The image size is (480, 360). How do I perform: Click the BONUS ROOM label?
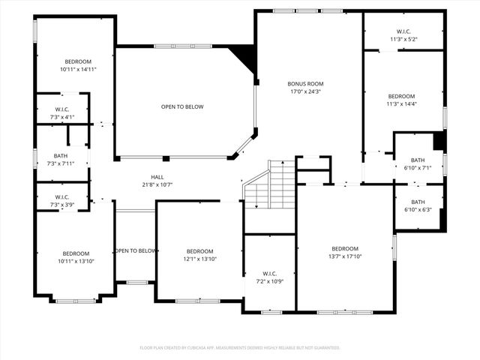[x=305, y=84]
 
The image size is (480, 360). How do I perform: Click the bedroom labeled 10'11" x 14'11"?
[x=78, y=65]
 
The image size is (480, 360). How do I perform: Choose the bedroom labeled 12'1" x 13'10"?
[x=200, y=255]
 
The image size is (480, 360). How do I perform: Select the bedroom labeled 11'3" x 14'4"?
[x=401, y=100]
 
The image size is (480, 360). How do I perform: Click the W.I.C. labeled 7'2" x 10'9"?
[x=270, y=277]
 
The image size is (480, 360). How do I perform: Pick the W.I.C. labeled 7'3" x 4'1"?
[x=62, y=112]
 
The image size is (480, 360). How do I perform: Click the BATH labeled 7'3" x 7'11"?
[x=61, y=159]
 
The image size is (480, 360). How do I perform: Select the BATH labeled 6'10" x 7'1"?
[x=418, y=163]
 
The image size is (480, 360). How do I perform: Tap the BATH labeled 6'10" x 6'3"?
[x=418, y=205]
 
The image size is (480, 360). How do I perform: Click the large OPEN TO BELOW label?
[x=182, y=106]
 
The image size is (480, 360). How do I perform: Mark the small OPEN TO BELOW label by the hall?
[x=136, y=250]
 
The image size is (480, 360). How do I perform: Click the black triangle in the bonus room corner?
[x=244, y=57]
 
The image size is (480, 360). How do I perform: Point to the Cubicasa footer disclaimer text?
[x=240, y=348]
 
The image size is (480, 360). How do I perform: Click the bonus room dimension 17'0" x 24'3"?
[x=305, y=91]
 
